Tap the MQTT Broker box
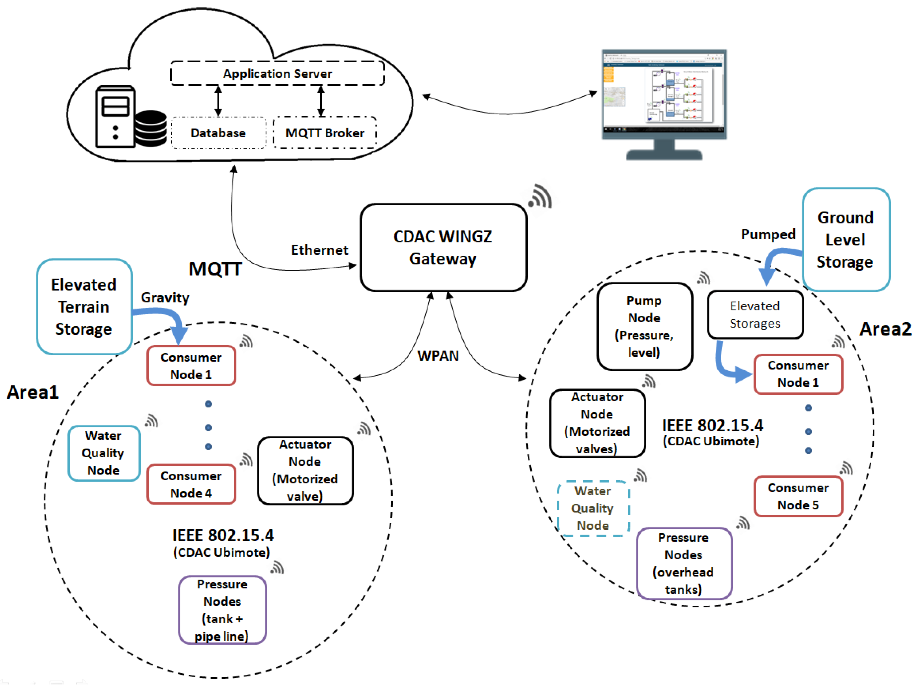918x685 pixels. click(x=325, y=133)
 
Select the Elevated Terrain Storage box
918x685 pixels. click(x=84, y=307)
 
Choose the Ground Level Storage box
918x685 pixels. click(x=845, y=240)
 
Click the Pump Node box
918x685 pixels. click(x=644, y=326)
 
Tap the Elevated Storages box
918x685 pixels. click(x=755, y=315)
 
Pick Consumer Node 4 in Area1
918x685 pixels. click(x=191, y=484)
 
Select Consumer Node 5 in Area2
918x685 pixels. click(x=798, y=496)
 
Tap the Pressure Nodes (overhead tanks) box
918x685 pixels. click(x=683, y=563)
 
